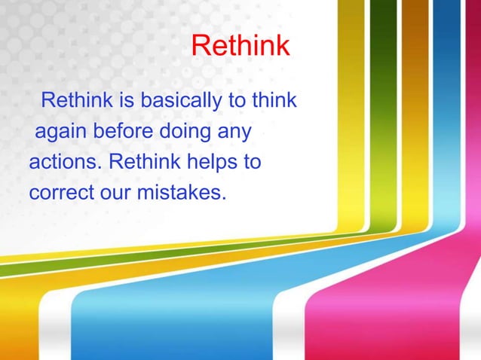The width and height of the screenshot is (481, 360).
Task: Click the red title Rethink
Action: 240,47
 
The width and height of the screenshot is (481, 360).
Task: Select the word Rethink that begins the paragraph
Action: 75,101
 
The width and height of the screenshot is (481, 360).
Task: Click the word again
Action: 61,132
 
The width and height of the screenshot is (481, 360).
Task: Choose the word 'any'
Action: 234,133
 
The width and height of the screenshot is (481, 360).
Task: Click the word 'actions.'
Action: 65,162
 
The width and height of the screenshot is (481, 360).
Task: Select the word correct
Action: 61,192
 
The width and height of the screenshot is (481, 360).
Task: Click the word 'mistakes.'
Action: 181,192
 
